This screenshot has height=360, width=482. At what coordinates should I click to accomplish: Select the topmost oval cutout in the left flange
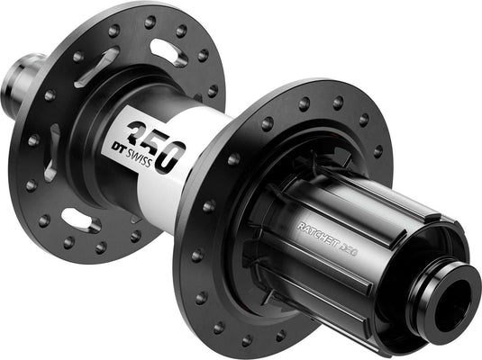coord(168,51)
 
